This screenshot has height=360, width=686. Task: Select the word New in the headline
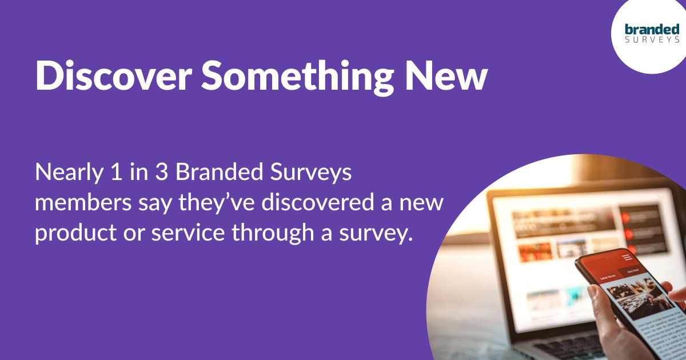pyautogui.click(x=447, y=75)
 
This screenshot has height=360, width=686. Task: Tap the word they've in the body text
pyautogui.click(x=188, y=203)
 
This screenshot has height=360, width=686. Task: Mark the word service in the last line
pyautogui.click(x=174, y=233)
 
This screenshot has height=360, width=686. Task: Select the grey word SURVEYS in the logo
pyautogui.click(x=652, y=40)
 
